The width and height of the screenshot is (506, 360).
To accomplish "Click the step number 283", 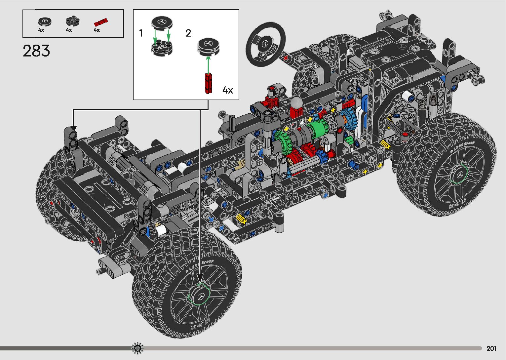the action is (36, 51).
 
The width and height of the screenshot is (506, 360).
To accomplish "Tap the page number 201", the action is (491, 348).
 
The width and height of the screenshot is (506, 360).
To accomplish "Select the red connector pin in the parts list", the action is (101, 22).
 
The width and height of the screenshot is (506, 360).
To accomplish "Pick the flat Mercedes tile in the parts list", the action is (45, 22).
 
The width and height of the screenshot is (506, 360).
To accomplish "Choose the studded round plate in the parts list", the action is (72, 21).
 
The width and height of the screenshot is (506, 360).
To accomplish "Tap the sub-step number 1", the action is (141, 33).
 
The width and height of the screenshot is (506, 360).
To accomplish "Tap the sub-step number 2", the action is (188, 33).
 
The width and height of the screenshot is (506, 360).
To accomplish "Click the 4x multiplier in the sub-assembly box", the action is (228, 90).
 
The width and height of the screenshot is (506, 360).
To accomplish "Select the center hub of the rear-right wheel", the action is (459, 174).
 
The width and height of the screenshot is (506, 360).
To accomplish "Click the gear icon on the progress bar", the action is (137, 348).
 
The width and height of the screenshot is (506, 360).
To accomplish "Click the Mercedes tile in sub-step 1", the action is (162, 23).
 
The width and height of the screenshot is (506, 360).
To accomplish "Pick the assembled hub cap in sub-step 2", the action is (208, 47).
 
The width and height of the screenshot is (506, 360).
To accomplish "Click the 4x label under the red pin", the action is (97, 30).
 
